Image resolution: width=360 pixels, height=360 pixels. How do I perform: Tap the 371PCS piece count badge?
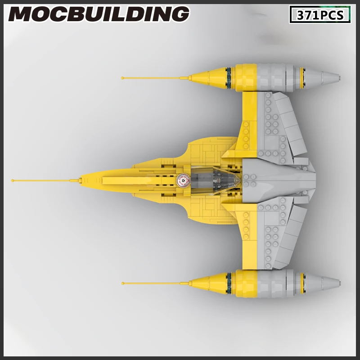(x=320, y=15)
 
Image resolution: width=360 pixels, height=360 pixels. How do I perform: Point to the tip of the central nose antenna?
(x=13, y=180)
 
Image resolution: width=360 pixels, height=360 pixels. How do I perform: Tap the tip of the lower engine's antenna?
(x=123, y=283)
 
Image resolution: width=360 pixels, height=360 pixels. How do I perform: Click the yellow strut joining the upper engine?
(x=250, y=117)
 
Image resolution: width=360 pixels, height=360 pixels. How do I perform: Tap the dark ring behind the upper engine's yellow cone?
(x=229, y=76)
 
